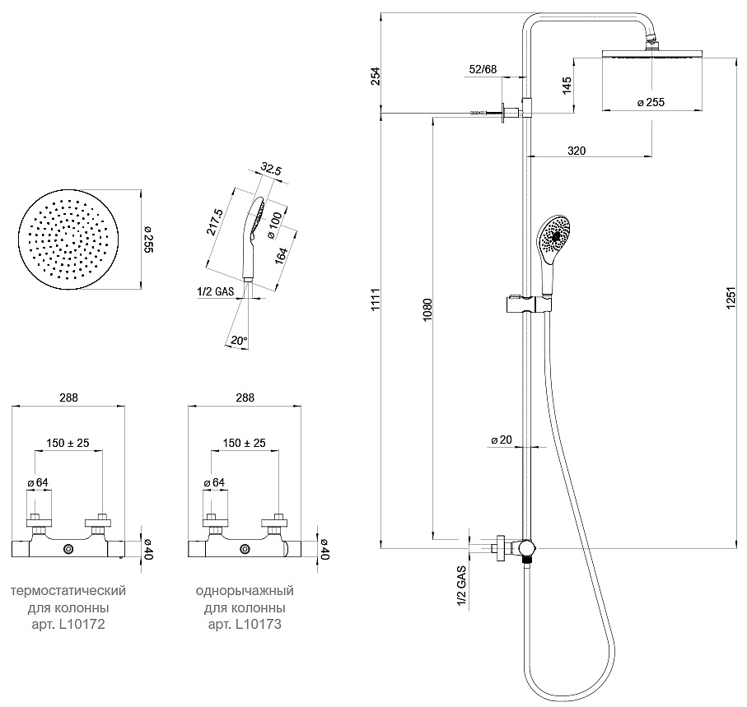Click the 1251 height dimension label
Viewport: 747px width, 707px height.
coord(731,299)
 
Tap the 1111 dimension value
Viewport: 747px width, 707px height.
coord(376,300)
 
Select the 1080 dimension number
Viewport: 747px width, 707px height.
coord(427,309)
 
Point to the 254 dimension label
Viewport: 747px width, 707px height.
coord(376,76)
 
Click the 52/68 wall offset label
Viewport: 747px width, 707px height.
coord(483,69)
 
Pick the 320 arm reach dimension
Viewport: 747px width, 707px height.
coord(577,151)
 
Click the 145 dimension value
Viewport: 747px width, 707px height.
coord(567,86)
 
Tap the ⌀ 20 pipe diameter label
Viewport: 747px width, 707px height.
coord(502,440)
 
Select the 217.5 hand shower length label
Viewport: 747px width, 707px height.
coord(215,221)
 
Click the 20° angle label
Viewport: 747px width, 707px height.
coord(239,341)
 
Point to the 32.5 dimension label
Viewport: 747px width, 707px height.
coord(271,169)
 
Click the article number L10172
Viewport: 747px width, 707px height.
coord(82,624)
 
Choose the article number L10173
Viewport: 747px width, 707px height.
coord(259,624)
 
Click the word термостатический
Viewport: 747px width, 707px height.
coord(68,591)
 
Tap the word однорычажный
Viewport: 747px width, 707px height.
coord(245,591)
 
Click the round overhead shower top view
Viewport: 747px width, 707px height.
coord(69,239)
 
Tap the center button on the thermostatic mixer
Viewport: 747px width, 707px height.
coord(69,550)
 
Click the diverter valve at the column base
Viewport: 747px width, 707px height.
coord(526,548)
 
